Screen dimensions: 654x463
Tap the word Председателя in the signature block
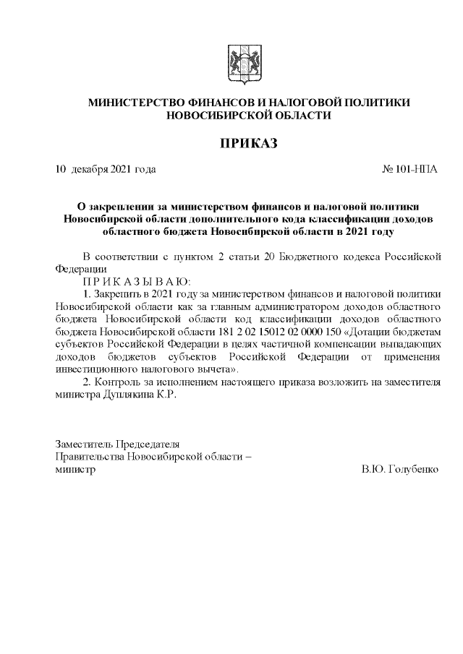pyautogui.click(x=145, y=444)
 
